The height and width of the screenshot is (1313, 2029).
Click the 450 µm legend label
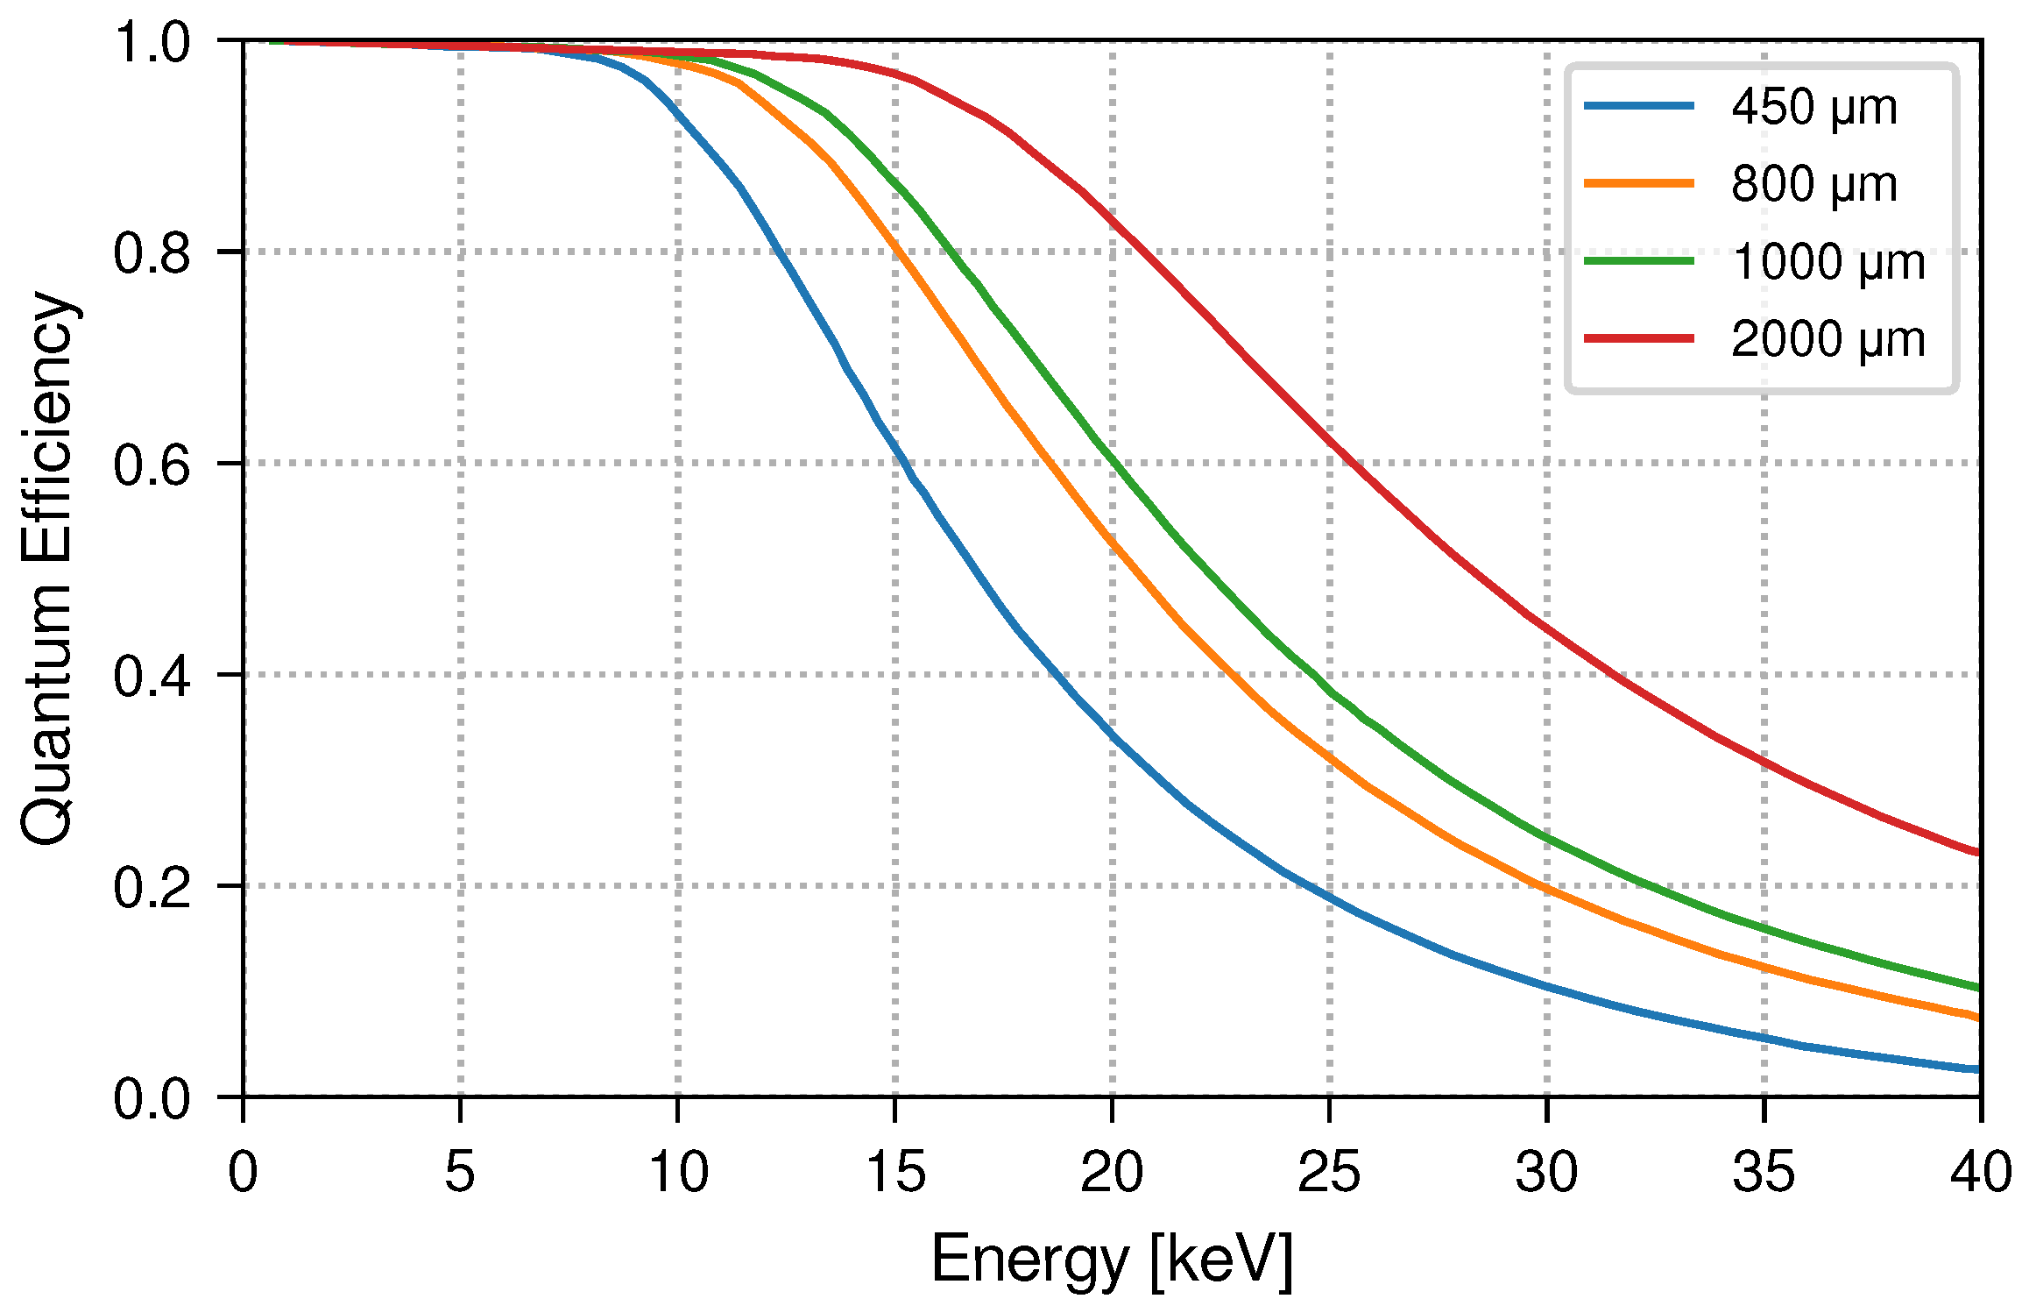point(1813,108)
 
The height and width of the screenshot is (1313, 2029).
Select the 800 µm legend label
point(1813,185)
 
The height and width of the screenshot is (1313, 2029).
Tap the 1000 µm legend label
point(1828,262)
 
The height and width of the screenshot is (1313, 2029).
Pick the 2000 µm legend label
point(1828,339)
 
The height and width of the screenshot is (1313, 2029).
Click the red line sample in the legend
point(1638,338)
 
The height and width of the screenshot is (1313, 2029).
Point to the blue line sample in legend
point(1638,106)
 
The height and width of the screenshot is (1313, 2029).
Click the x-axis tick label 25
point(1329,1172)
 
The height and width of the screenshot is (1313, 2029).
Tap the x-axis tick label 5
point(460,1172)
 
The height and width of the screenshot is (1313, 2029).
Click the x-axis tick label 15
point(894,1172)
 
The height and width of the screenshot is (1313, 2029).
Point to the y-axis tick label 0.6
point(152,465)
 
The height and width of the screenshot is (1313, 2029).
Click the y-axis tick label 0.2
point(152,887)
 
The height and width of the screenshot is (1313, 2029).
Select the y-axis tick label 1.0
point(152,42)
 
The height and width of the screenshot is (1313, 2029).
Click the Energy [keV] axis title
point(1111,1260)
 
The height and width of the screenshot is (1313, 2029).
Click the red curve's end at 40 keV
point(1977,852)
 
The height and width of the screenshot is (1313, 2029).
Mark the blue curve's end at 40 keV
point(1977,1069)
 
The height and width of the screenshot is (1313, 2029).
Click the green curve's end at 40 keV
point(1977,988)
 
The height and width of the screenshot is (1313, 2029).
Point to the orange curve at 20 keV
point(1113,543)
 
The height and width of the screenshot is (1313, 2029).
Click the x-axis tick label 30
point(1546,1172)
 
